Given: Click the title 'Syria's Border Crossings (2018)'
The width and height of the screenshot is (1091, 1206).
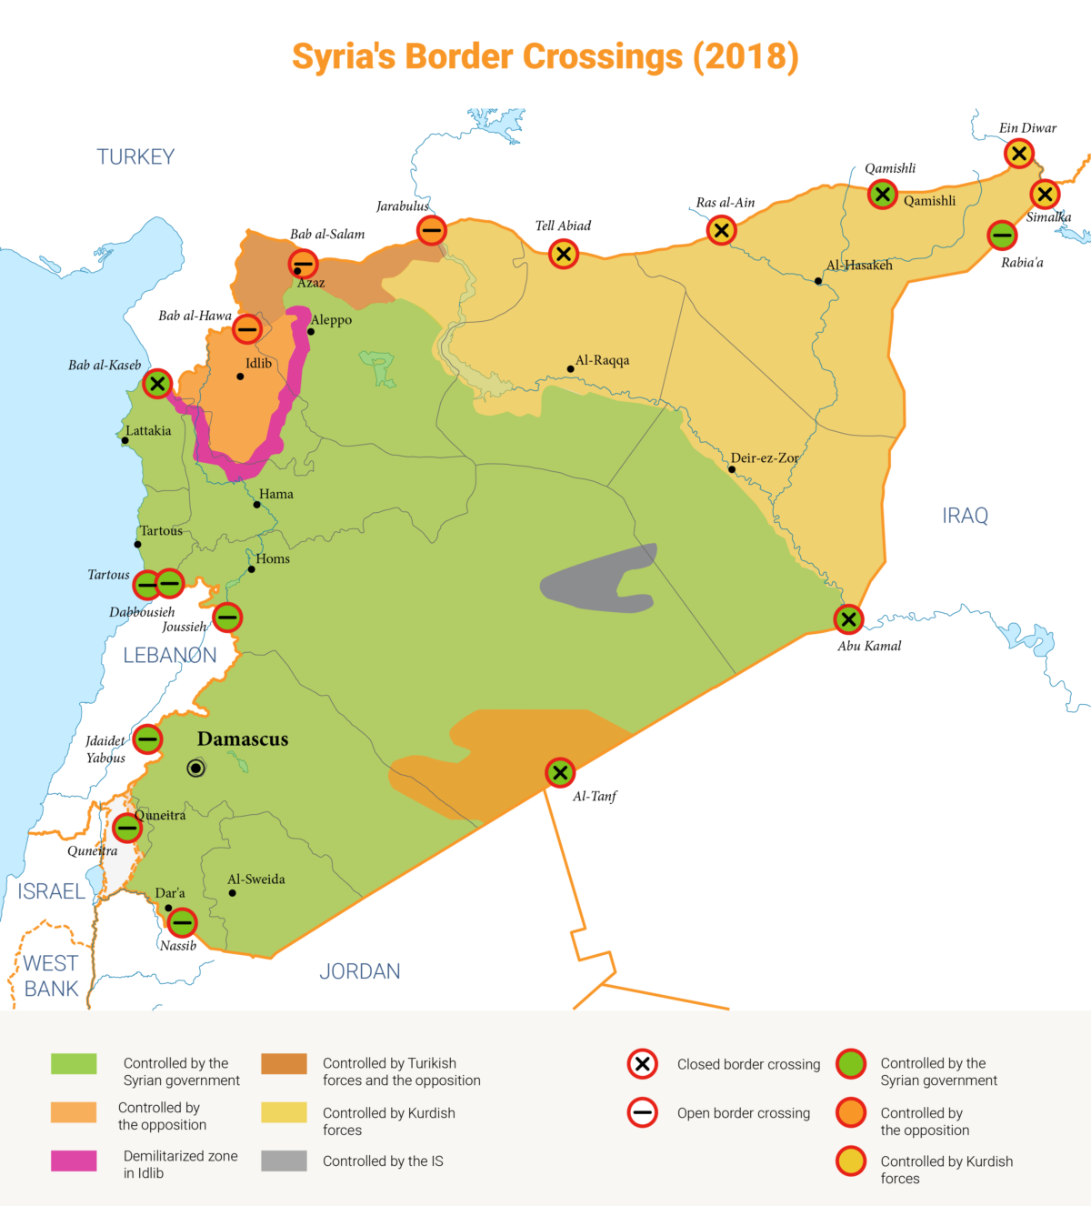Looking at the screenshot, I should coord(545,56).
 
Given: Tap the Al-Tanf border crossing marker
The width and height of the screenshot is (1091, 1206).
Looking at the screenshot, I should coord(560,773).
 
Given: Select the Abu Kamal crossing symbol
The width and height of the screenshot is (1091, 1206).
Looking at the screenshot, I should coord(848,619).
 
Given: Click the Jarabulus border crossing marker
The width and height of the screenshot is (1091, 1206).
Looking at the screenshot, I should coord(432,230).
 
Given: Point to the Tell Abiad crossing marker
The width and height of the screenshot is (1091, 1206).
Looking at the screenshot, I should coord(564,254).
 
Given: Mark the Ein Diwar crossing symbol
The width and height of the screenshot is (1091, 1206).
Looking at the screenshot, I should coord(1019,154).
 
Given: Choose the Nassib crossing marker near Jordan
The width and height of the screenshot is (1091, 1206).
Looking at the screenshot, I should coord(182,922).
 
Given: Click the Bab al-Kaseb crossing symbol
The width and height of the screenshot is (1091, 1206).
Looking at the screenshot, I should coord(157,384).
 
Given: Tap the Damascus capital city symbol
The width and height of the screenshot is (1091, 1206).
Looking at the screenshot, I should coord(195,769).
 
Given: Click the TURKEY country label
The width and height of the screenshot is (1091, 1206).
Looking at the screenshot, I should coord(135,157).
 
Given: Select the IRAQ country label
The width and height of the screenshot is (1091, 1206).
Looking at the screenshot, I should coord(965,516).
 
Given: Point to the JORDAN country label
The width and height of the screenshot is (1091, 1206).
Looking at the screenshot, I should coord(360,971).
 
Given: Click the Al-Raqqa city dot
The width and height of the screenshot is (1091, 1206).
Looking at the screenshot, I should coord(570,369).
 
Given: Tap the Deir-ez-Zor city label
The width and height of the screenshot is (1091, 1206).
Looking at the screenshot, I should coord(765,458).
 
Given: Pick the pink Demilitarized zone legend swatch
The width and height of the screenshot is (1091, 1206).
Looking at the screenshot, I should coord(74,1161).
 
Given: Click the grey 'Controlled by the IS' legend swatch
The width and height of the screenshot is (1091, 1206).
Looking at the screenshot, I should coord(284,1161).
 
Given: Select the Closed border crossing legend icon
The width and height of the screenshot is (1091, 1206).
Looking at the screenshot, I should coord(643,1063).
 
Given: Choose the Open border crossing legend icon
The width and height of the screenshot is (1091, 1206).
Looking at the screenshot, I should coord(643,1112).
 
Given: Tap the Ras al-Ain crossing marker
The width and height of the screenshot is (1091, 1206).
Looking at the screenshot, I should coord(721,230).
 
